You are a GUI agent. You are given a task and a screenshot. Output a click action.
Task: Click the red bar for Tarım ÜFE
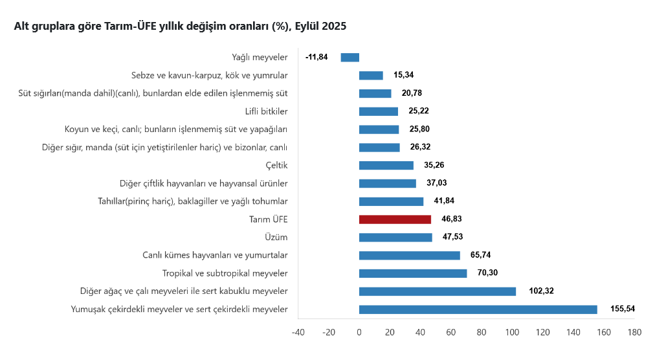click(395, 219)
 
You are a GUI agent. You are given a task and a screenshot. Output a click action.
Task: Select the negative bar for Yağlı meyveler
click(350, 57)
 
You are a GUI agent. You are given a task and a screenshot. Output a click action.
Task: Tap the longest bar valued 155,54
click(478, 309)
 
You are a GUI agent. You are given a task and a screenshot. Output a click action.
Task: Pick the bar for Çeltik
click(386, 165)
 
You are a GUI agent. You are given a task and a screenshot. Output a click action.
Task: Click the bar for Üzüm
click(395, 237)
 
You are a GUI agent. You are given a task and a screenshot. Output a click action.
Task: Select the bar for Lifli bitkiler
click(378, 111)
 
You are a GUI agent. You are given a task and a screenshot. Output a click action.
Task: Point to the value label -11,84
click(316, 57)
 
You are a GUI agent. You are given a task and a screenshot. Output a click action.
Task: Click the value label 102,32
click(542, 291)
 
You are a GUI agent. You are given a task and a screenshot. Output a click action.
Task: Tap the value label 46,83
click(450, 219)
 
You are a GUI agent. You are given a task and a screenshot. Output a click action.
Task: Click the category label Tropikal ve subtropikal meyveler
click(225, 273)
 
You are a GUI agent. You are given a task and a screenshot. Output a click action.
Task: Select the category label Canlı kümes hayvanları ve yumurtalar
click(215, 255)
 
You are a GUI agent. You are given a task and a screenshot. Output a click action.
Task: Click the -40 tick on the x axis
click(298, 333)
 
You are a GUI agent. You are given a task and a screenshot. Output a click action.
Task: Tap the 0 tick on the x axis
click(359, 333)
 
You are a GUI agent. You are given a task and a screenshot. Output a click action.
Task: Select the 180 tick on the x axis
click(634, 333)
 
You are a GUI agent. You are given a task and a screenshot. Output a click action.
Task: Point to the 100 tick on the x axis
click(512, 333)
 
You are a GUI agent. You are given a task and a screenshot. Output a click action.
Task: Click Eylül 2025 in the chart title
click(320, 27)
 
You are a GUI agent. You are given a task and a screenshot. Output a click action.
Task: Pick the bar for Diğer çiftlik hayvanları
click(387, 183)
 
